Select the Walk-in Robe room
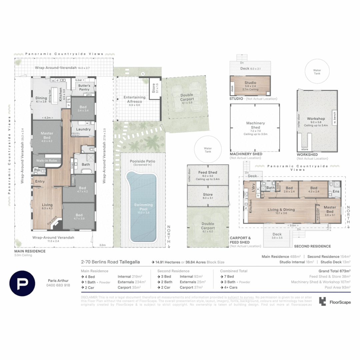coord(47,160)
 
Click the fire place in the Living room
coord(53,223)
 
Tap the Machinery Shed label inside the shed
coord(255,125)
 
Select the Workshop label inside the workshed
coord(316,119)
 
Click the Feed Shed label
coord(208,172)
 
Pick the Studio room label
coord(250,83)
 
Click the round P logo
coord(22,283)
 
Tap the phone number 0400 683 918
coord(58,285)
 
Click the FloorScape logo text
coord(340,302)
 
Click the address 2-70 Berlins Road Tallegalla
coord(111,262)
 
